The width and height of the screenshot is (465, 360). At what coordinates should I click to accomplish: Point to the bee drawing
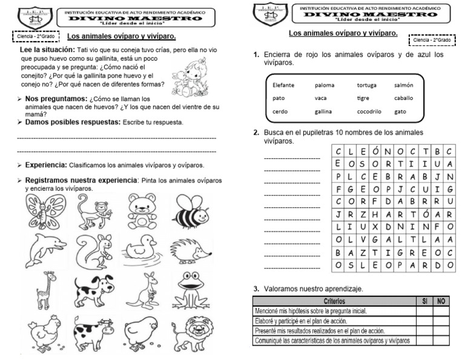tap(193, 213)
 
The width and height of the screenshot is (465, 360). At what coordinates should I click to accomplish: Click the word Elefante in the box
tap(283, 85)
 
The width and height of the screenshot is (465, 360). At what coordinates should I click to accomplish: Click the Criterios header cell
tap(332, 301)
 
